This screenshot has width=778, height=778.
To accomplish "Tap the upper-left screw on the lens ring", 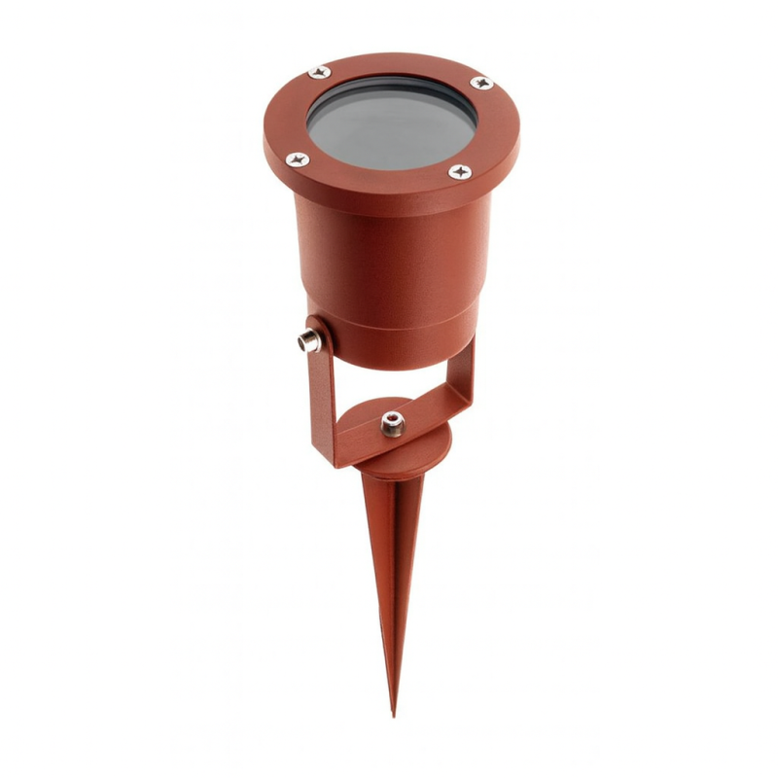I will pos(319,71).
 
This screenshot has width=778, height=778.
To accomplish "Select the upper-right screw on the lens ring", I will pos(480,84).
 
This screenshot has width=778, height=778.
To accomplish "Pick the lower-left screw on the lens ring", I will pos(298,158).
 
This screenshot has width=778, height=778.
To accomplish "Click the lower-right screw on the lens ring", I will pos(460,172).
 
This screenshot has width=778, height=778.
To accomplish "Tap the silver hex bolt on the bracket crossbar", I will pos(392,425).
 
